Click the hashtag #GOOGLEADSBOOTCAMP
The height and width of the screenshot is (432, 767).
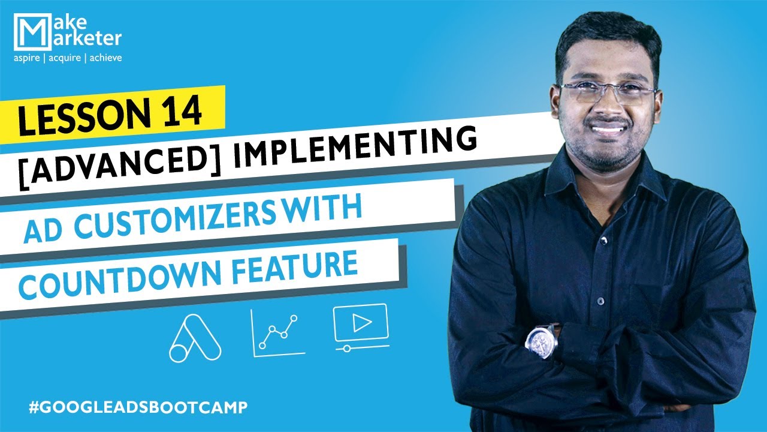point(138,407)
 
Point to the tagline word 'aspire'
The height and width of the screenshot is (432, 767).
point(28,59)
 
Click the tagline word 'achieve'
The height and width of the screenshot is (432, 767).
point(105,59)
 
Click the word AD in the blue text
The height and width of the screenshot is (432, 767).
point(43,230)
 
